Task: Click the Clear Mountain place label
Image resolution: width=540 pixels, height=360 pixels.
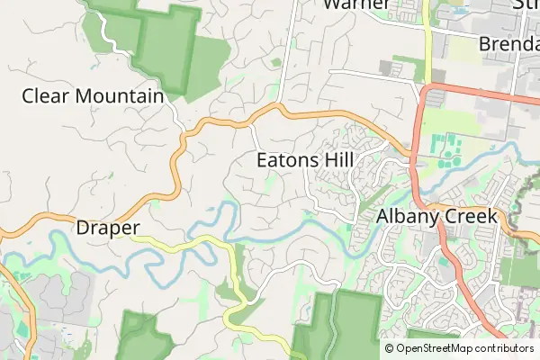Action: tap(93, 95)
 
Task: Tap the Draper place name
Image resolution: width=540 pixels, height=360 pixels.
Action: tap(107, 228)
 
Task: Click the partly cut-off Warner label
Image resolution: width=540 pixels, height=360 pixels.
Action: tap(357, 4)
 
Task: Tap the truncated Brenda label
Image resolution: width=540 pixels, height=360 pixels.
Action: tap(508, 43)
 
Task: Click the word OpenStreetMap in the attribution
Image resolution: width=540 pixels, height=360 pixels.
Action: tap(435, 348)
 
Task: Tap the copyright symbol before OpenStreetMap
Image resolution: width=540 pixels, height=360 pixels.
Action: tap(390, 348)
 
